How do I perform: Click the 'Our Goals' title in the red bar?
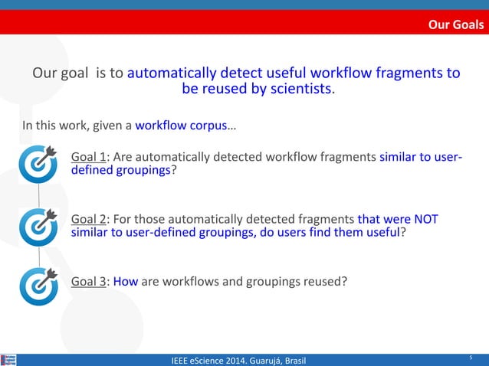click(455, 25)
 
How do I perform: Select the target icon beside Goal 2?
click(38, 226)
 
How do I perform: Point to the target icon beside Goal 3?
click(38, 285)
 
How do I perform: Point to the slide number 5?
click(471, 357)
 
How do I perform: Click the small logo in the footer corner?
click(9, 359)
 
